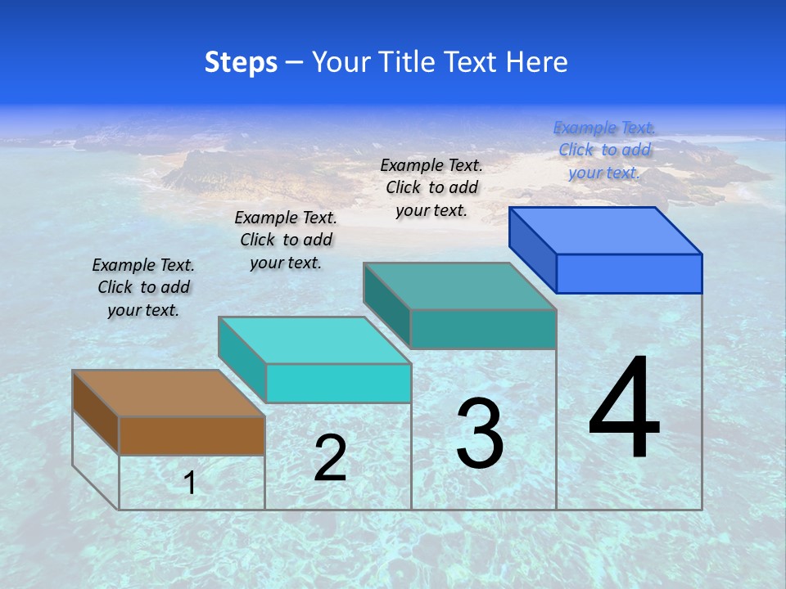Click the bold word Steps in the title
241,62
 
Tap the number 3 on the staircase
480,434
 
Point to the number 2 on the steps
330,459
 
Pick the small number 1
190,483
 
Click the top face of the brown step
169,393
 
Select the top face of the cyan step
314,340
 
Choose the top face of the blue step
606,231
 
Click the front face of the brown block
192,435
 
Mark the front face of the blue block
629,273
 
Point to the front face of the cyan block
338,383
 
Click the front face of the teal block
483,329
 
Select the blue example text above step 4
604,150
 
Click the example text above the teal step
431,187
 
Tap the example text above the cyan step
286,240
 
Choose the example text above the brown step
143,287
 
